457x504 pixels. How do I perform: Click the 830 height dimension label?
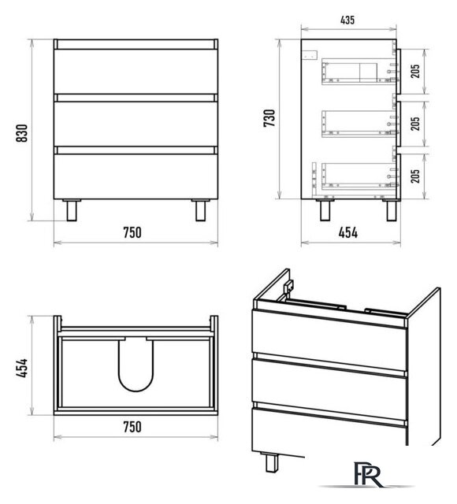[x=22, y=133]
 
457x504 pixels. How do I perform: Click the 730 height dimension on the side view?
[x=269, y=118]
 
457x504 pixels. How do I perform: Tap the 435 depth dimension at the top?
[x=347, y=20]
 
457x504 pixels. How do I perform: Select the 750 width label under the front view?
[x=132, y=232]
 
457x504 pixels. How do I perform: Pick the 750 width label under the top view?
[x=132, y=427]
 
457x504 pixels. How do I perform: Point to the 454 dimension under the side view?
[x=348, y=232]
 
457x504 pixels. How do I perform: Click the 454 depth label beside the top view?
[x=22, y=369]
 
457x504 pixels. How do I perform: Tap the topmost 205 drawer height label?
[x=415, y=71]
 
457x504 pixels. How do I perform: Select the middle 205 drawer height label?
[x=415, y=124]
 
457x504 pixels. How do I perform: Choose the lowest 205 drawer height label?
[x=415, y=176]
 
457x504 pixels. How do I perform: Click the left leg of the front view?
[x=72, y=210]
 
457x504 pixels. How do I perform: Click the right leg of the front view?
[x=201, y=210]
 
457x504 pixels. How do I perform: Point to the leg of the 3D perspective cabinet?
[x=272, y=462]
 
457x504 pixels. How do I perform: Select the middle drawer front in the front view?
[x=136, y=124]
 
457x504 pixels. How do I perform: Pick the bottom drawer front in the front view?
[x=136, y=176]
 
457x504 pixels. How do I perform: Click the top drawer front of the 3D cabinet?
[x=329, y=341]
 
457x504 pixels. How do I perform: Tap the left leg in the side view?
[x=325, y=210]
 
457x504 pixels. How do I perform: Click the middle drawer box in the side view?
[x=359, y=124]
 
